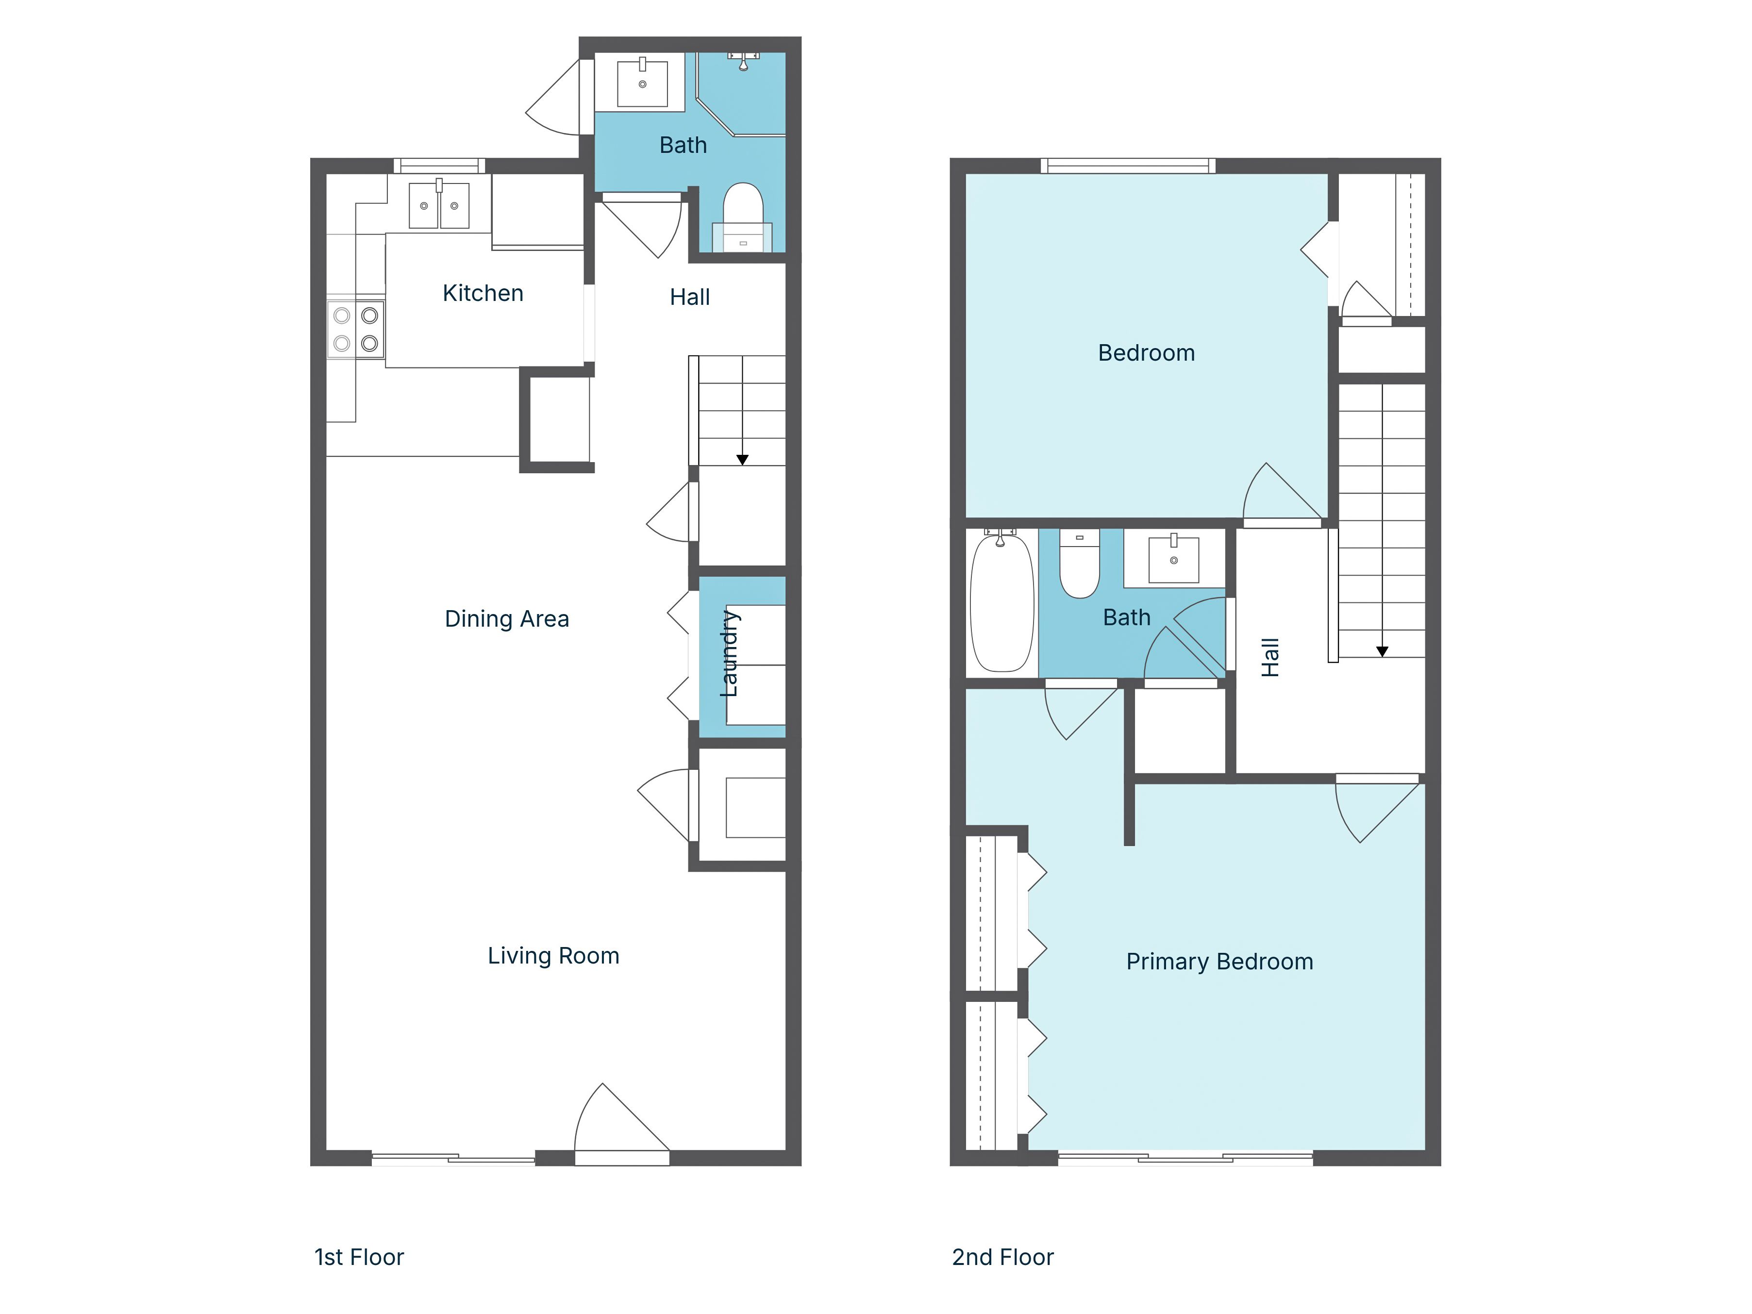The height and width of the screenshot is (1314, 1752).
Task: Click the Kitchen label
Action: (x=483, y=293)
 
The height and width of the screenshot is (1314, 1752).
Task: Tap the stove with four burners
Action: (x=356, y=329)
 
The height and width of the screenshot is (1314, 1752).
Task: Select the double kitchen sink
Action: (x=439, y=206)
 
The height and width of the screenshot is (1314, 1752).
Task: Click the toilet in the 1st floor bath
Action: (x=742, y=215)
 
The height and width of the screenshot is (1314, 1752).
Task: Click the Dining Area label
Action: (x=506, y=618)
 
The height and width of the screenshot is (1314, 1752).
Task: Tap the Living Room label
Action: (x=553, y=956)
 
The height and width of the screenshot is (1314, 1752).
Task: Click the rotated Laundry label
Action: (x=729, y=653)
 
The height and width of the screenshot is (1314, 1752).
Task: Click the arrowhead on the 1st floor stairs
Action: (x=742, y=459)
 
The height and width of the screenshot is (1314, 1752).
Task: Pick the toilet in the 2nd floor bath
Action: (x=1079, y=565)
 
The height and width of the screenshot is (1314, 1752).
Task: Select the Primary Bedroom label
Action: (x=1219, y=962)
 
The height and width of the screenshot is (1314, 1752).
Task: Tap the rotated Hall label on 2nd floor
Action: (x=1269, y=657)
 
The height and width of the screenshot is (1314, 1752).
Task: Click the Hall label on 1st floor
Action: (x=689, y=297)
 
